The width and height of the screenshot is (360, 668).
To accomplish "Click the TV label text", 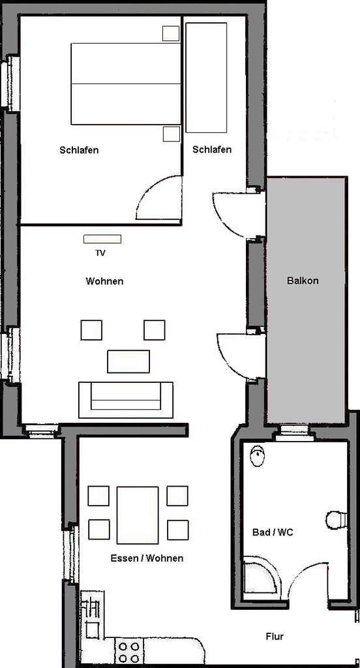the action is coord(100,253).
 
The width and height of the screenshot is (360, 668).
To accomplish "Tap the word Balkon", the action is coord(303,281).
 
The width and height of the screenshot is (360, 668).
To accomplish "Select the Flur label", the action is coord(275,637).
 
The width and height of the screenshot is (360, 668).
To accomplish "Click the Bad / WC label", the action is coord(273,532).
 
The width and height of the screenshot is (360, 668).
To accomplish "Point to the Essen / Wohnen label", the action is coord(147,558).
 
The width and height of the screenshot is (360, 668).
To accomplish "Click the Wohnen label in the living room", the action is coord(104,281).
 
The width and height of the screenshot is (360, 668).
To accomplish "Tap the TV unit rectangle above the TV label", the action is coord(102,239).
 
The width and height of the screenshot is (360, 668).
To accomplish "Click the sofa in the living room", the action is coord(126,400).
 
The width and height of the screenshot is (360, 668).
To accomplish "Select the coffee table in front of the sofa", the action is coord(128,361).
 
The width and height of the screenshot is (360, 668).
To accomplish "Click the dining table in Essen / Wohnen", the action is coord(138,515).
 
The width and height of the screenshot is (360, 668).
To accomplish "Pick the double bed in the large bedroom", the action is coord(126,83).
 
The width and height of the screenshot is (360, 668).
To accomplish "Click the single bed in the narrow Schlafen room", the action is coord(206,78).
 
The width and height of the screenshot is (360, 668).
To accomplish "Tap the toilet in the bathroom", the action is coord(337,520).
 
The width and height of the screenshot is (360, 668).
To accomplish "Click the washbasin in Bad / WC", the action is coord(258,456).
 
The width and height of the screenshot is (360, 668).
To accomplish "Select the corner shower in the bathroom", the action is coord(262,578).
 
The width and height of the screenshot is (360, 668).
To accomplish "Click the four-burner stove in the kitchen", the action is coord(129,652).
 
